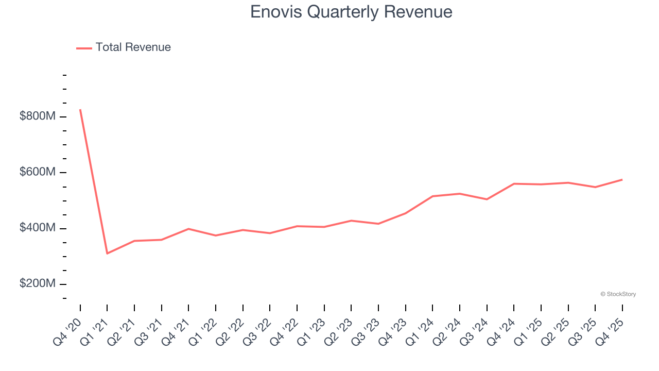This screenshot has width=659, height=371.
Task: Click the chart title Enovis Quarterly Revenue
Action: click(x=351, y=12)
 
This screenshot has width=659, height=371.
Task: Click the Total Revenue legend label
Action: click(x=133, y=47)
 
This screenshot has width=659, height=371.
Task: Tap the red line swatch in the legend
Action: click(x=84, y=48)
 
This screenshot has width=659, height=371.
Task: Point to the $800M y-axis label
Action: click(x=37, y=116)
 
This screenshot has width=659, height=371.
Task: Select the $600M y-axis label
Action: click(x=37, y=172)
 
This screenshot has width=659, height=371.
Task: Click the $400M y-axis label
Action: click(x=37, y=228)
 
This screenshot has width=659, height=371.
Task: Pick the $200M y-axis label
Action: click(x=37, y=284)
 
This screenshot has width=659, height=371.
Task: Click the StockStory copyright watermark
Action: click(x=618, y=294)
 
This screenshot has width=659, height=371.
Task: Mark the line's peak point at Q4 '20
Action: click(x=80, y=110)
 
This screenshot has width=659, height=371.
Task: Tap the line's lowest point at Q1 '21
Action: click(x=107, y=254)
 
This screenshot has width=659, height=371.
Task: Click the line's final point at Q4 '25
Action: click(x=622, y=179)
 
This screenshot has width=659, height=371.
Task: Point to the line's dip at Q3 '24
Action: click(x=487, y=199)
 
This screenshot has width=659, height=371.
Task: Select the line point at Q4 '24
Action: click(x=514, y=183)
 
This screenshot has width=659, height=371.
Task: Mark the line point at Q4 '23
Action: click(x=405, y=213)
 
